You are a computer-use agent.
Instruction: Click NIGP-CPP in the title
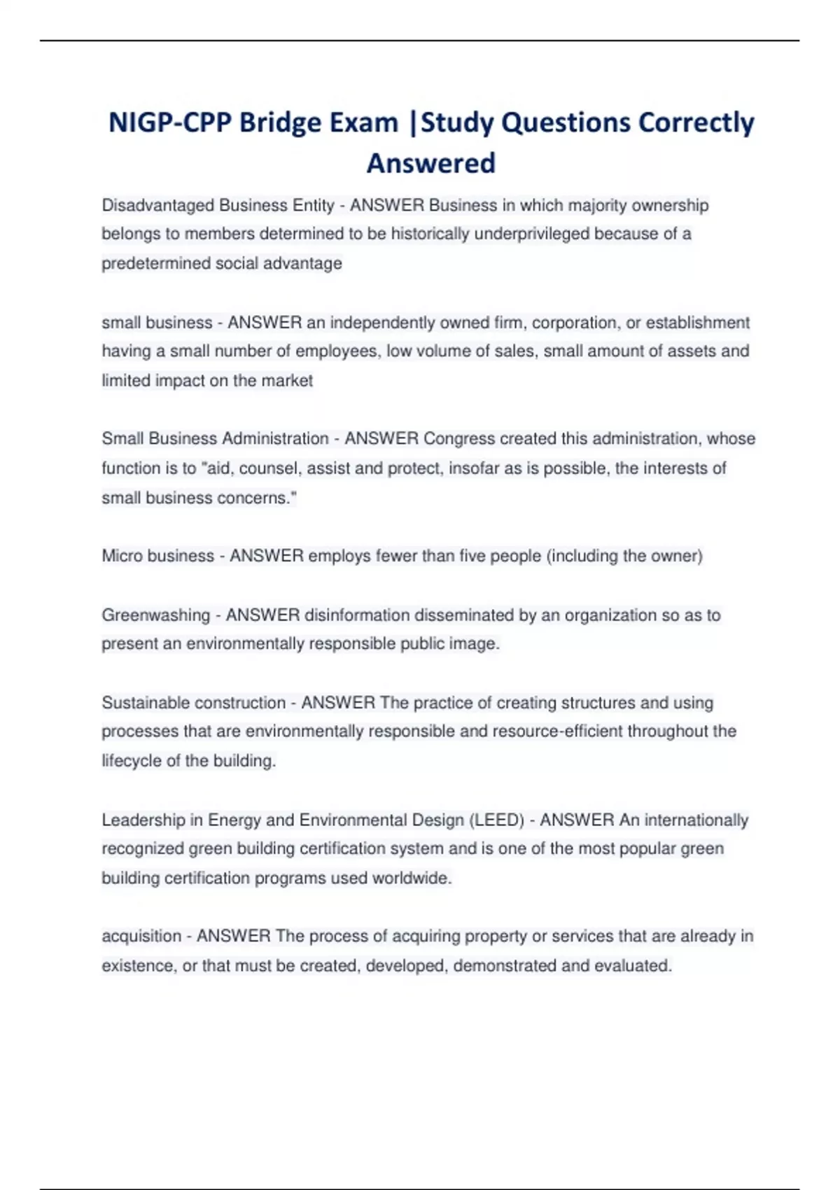170,123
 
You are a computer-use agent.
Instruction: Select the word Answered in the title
430,164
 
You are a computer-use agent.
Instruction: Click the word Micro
122,556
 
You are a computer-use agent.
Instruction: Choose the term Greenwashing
155,615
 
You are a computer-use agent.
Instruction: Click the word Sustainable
144,703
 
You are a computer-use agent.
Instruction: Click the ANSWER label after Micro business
267,556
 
